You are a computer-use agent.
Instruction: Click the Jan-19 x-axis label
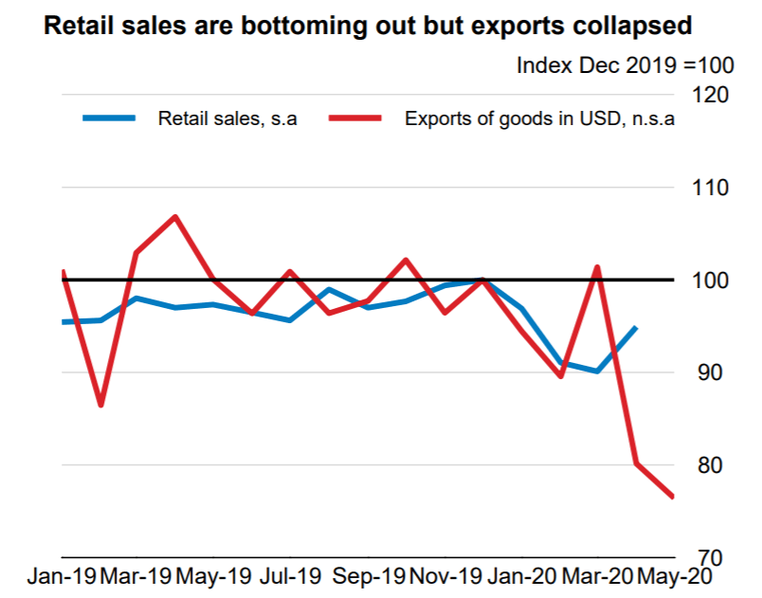pos(60,576)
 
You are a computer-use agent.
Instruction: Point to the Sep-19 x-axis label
pos(372,576)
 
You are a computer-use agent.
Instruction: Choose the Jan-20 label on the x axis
pos(519,576)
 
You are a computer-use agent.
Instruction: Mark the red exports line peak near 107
pos(175,217)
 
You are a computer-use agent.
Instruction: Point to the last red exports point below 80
pos(672,496)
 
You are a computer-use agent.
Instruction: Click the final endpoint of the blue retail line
pos(635,327)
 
